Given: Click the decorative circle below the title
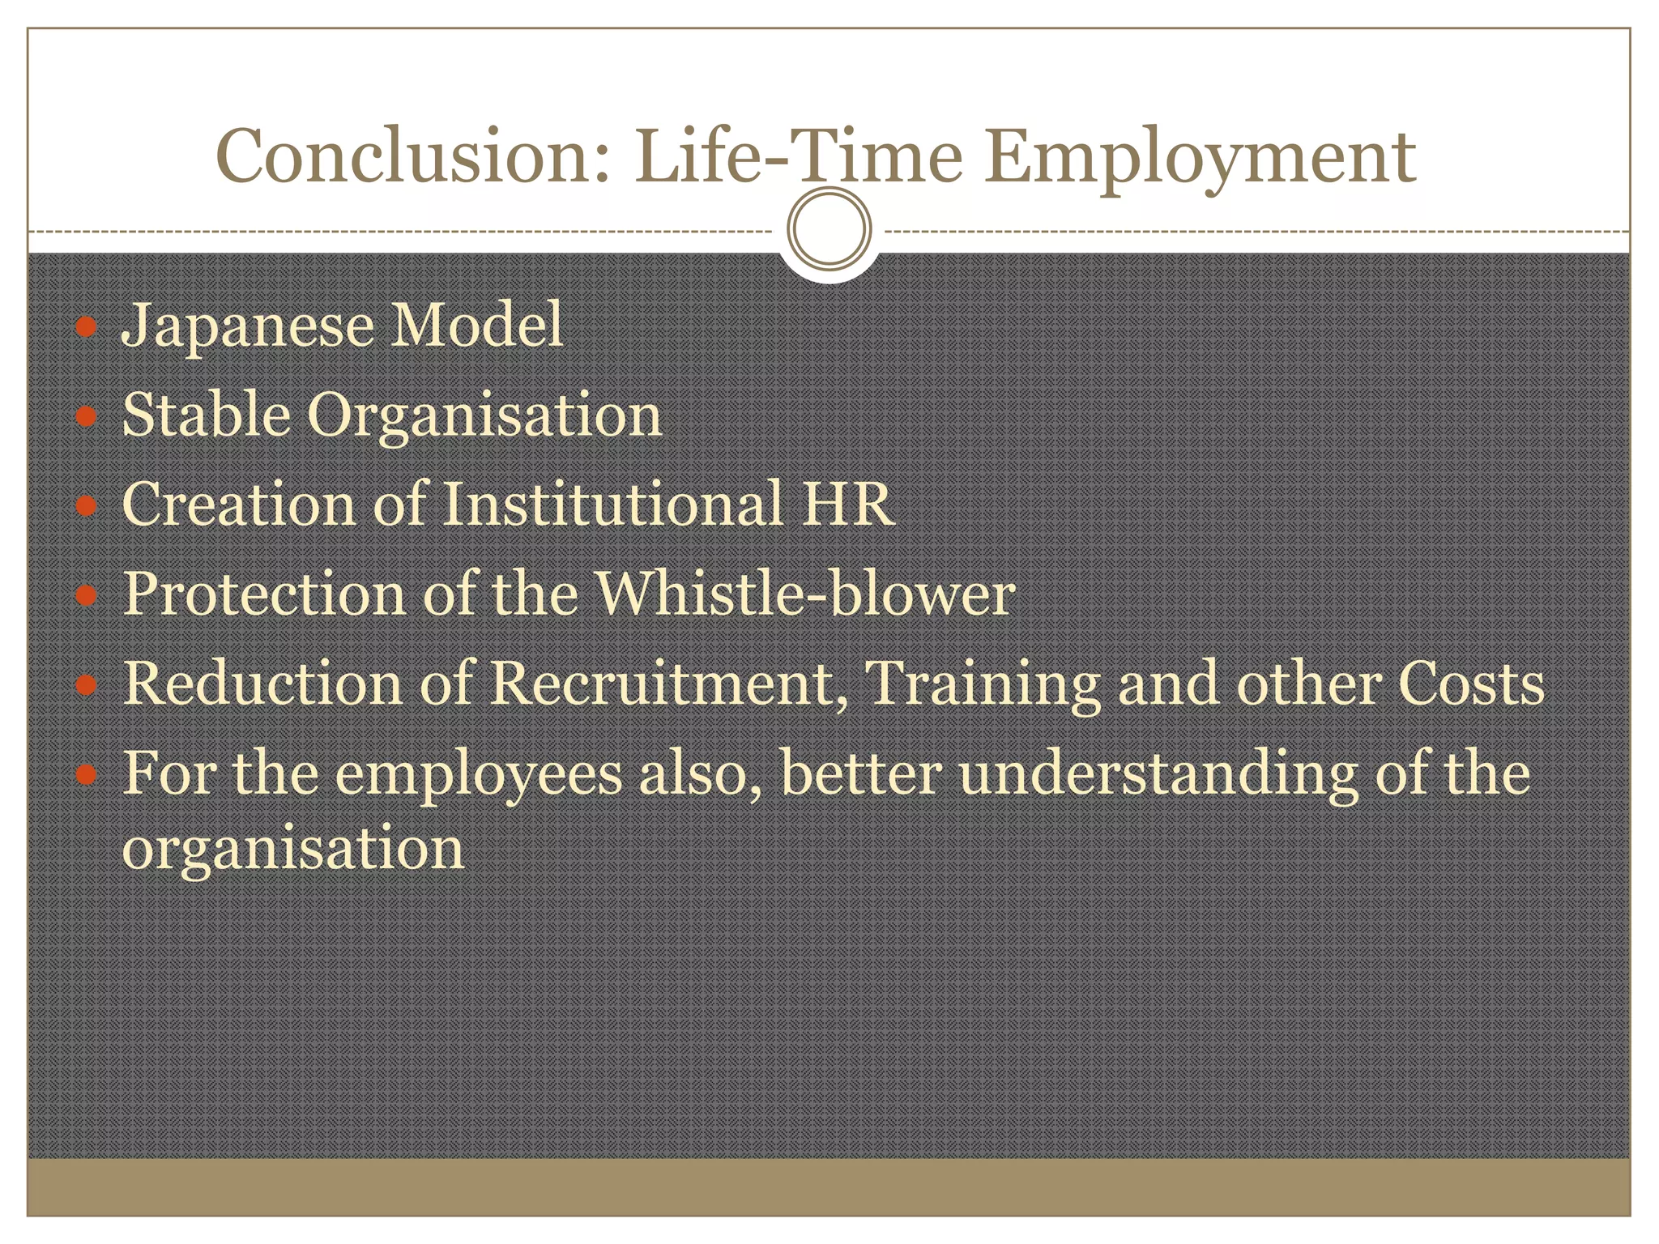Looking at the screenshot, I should coord(829,229).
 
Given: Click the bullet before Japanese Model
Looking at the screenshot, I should coord(86,327).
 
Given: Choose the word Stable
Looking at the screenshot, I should coord(206,415).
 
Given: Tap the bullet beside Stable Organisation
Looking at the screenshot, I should coord(86,417).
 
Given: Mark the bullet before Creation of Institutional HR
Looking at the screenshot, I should coord(86,506).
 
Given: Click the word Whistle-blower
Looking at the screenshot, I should coord(805,593).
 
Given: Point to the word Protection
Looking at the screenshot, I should coord(264,594).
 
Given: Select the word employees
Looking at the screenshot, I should coord(478,774).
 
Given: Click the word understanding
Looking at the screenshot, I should coord(1158,774).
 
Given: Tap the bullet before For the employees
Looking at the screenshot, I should coord(86,775).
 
